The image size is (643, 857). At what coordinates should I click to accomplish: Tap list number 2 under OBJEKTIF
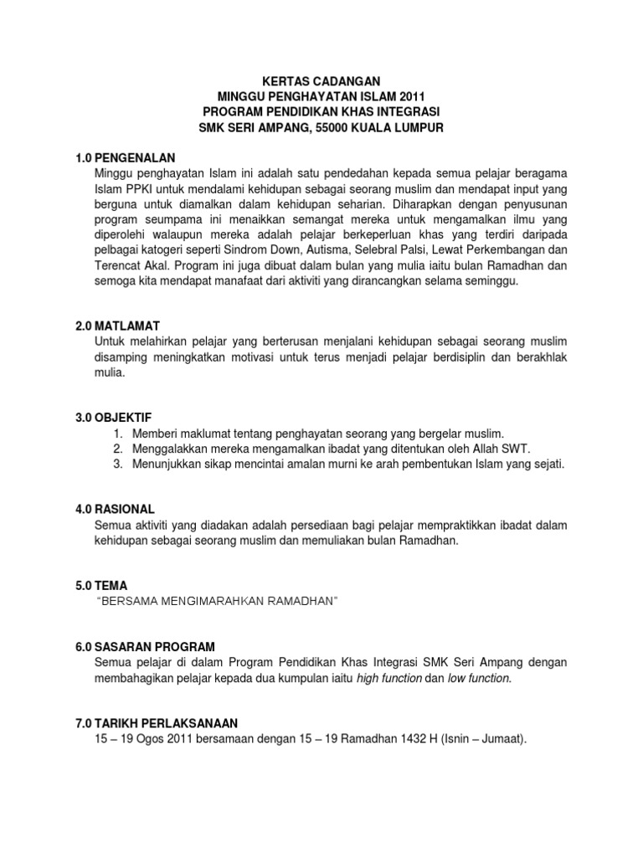click(119, 449)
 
